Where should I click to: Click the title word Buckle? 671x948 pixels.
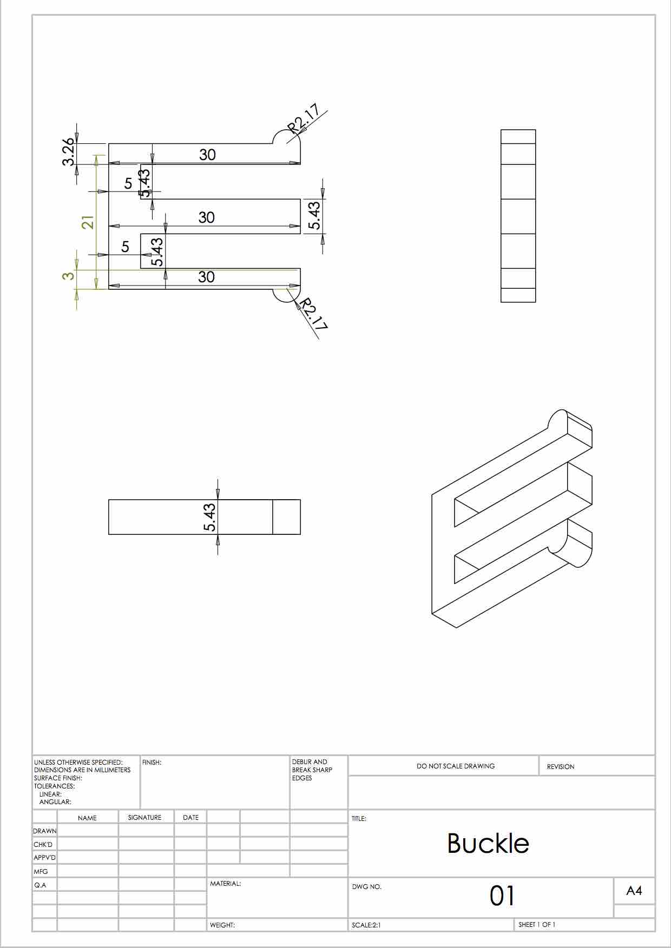pyautogui.click(x=488, y=843)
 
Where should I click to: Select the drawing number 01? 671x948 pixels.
pyautogui.click(x=502, y=896)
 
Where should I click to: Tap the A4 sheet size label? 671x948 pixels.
pyautogui.click(x=634, y=891)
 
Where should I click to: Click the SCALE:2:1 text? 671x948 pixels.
pyautogui.click(x=366, y=925)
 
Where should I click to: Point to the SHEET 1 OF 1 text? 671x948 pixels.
pyautogui.click(x=537, y=925)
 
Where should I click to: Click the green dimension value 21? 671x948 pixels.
pyautogui.click(x=88, y=222)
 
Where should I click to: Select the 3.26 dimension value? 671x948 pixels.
pyautogui.click(x=68, y=153)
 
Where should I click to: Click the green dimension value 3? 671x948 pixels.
pyautogui.click(x=68, y=276)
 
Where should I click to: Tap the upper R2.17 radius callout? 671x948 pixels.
pyautogui.click(x=304, y=119)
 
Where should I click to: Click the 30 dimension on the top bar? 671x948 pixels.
pyautogui.click(x=208, y=155)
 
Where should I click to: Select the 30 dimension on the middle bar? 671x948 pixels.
pyautogui.click(x=207, y=217)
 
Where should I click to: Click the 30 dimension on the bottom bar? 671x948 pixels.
pyautogui.click(x=207, y=277)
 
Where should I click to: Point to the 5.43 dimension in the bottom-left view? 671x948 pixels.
pyautogui.click(x=210, y=517)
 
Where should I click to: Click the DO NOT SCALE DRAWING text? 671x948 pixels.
pyautogui.click(x=456, y=766)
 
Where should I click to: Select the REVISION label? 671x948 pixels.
pyautogui.click(x=561, y=767)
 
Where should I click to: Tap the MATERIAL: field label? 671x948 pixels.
pyautogui.click(x=226, y=884)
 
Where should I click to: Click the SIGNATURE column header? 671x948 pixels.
pyautogui.click(x=145, y=818)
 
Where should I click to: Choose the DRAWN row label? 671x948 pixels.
pyautogui.click(x=45, y=831)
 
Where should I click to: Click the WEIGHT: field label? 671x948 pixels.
pyautogui.click(x=222, y=925)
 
